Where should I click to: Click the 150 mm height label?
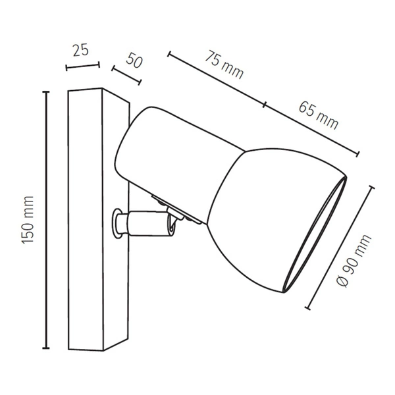pyautogui.click(x=28, y=221)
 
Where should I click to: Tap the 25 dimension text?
pyautogui.click(x=80, y=51)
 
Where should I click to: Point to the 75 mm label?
pyautogui.click(x=223, y=64)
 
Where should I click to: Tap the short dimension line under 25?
pyautogui.click(x=82, y=66)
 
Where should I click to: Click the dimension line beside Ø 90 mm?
pyautogui.click(x=341, y=247)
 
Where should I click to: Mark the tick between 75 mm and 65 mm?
pyautogui.click(x=265, y=105)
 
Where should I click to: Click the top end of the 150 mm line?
pyautogui.click(x=46, y=92)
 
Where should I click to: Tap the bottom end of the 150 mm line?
pyautogui.click(x=46, y=348)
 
